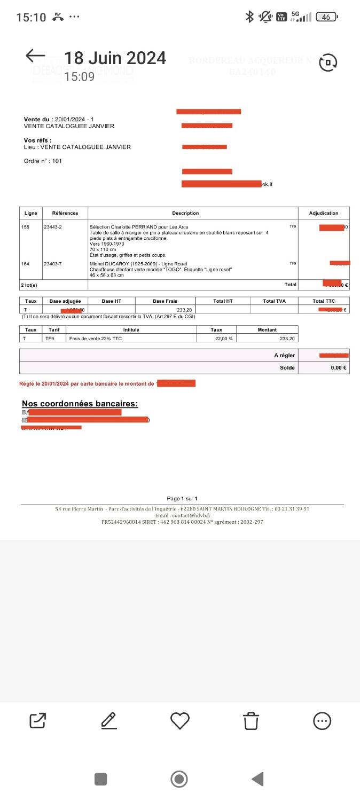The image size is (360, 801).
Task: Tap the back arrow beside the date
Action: click(x=35, y=56)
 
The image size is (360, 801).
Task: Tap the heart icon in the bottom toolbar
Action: click(x=180, y=721)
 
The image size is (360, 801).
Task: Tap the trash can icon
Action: click(x=251, y=721)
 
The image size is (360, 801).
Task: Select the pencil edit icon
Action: click(x=109, y=721)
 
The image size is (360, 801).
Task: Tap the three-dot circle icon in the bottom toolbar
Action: click(x=322, y=721)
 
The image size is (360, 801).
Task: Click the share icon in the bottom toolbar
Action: click(x=37, y=721)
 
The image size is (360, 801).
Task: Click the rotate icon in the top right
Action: click(x=328, y=62)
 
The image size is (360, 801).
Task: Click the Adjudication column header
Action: click(x=324, y=213)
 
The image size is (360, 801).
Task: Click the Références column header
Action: click(x=65, y=213)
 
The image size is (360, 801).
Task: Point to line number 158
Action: click(x=26, y=227)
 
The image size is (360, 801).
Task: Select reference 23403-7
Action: click(x=53, y=263)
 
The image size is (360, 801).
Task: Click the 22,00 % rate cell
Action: click(x=216, y=338)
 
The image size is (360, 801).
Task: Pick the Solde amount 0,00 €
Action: click(x=338, y=367)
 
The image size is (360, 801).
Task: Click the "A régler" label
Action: click(x=284, y=355)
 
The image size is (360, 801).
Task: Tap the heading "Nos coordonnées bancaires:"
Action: click(x=80, y=403)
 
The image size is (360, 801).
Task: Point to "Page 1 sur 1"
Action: click(x=182, y=498)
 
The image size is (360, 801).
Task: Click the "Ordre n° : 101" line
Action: click(x=43, y=161)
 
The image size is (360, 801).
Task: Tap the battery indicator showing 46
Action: click(x=326, y=17)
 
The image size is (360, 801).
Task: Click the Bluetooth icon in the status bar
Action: click(x=249, y=17)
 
